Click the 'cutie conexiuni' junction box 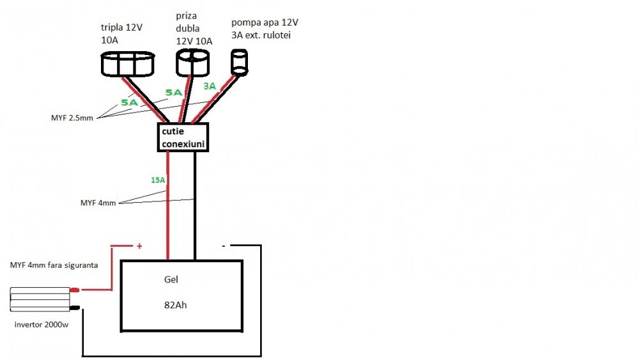(x=183, y=137)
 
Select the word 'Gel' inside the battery (x=171, y=280)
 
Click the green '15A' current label (x=158, y=180)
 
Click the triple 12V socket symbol (x=128, y=64)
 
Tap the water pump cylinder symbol (x=239, y=63)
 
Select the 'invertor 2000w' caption (x=42, y=325)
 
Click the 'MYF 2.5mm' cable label (x=72, y=118)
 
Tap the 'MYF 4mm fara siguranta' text (x=54, y=265)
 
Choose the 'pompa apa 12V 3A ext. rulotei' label (x=265, y=29)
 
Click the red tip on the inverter (x=75, y=290)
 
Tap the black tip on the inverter (x=75, y=308)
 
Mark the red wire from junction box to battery (x=168, y=211)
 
